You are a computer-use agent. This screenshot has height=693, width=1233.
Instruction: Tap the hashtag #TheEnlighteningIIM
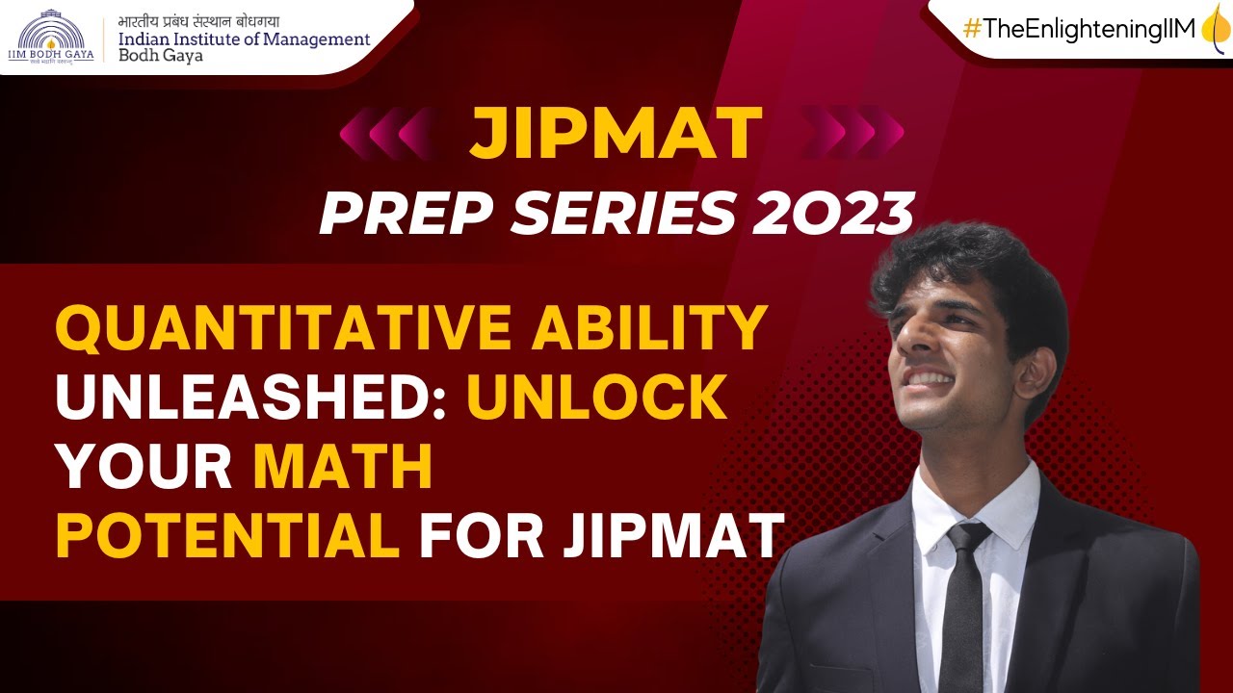[1079, 29]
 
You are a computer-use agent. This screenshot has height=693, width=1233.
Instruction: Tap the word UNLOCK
[597, 398]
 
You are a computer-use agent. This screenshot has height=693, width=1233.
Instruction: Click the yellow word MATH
[343, 467]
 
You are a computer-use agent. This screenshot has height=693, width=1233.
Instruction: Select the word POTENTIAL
[227, 537]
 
